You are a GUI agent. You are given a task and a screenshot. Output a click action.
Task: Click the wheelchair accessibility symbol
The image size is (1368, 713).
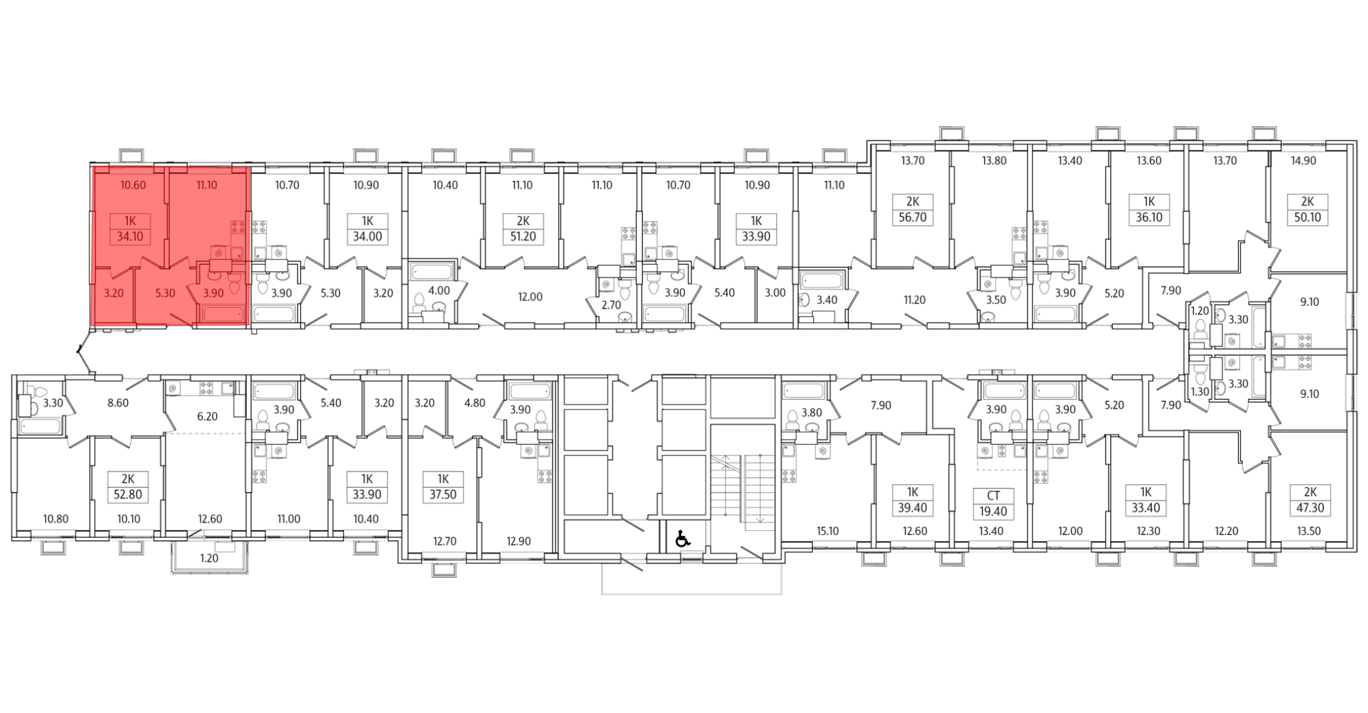coord(682,539)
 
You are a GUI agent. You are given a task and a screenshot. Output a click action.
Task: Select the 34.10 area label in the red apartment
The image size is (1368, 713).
coord(130,237)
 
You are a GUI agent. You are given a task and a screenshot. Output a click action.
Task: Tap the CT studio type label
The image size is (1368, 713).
coord(993,495)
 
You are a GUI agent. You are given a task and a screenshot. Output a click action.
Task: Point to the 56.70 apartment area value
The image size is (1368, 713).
coord(912,218)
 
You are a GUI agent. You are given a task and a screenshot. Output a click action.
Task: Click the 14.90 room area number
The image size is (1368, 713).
coord(1304,161)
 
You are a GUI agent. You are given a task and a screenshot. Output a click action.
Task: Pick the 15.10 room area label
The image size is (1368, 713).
coord(827,530)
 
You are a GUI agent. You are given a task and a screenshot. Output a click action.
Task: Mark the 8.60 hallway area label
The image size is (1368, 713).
coord(118,403)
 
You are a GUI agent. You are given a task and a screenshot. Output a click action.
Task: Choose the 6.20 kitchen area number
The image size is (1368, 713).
coord(207,416)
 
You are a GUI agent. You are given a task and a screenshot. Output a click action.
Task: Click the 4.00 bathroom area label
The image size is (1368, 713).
coord(438,290)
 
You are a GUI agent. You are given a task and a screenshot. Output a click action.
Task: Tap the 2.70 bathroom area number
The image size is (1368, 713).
coord(610,304)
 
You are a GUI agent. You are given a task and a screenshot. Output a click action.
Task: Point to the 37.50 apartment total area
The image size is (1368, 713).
coord(443,495)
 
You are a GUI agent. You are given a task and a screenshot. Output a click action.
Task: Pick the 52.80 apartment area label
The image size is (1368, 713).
coord(128,495)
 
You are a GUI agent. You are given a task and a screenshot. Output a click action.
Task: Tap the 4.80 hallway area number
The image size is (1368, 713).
coord(474,403)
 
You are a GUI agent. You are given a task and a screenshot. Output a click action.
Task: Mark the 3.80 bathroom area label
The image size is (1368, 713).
coord(811,413)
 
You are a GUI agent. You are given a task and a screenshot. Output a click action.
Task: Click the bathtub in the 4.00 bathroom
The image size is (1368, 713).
coord(431,271)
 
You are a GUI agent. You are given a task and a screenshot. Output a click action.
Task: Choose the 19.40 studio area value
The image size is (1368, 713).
coord(993,511)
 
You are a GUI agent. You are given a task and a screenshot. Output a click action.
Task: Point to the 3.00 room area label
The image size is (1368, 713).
coord(775,292)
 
